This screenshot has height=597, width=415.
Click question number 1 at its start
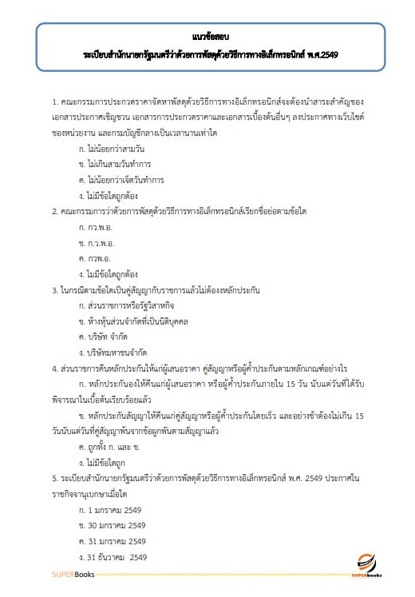54,104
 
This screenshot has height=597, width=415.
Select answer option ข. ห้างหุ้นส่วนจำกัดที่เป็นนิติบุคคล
138,321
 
